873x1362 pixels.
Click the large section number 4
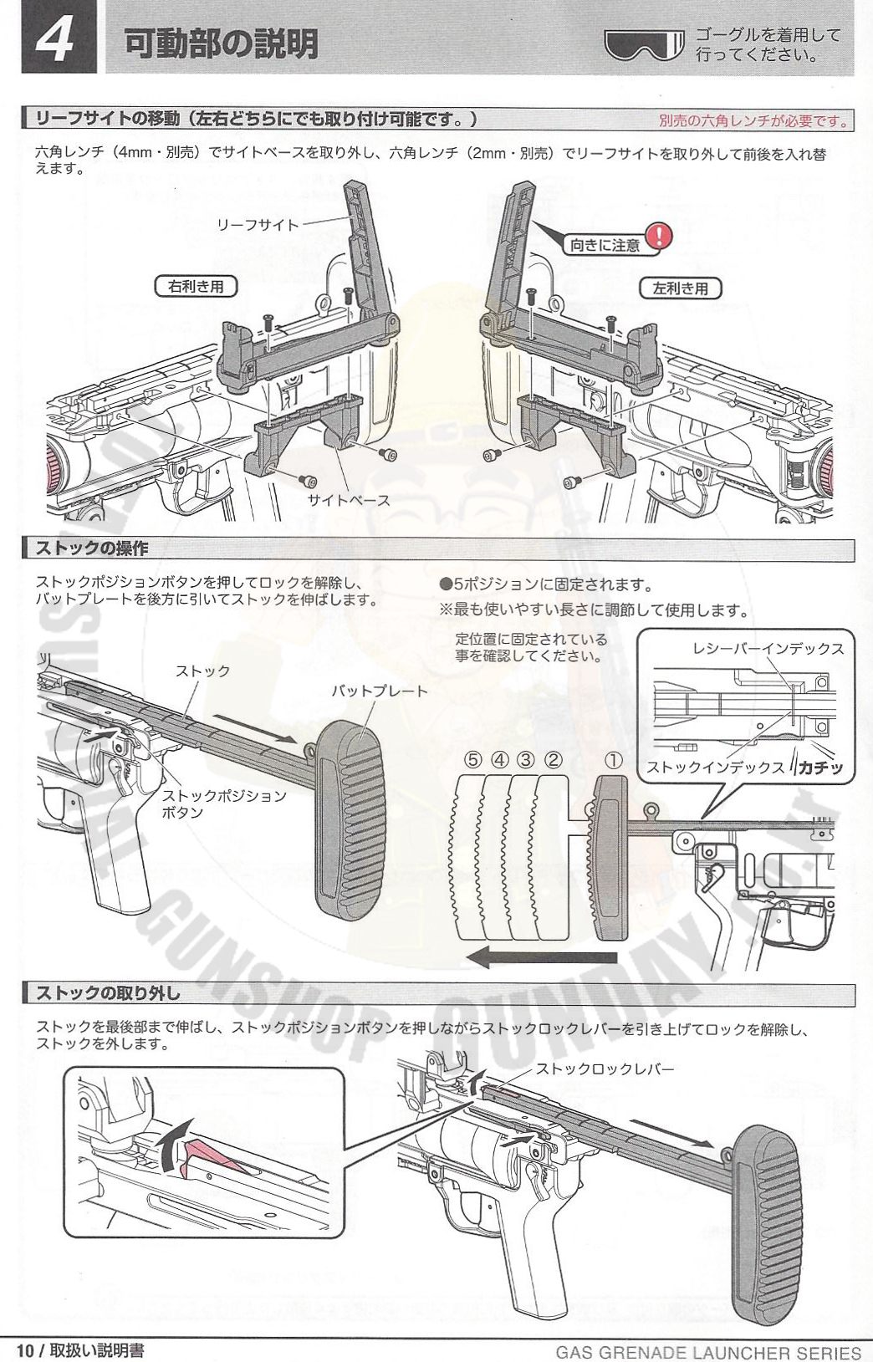(x=55, y=41)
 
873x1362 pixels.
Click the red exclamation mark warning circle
(x=659, y=236)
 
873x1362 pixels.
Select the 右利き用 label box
(x=196, y=287)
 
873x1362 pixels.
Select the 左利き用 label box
(x=679, y=288)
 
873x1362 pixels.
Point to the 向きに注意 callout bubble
(x=605, y=245)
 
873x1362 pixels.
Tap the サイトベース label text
(x=350, y=499)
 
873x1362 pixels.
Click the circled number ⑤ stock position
(x=474, y=760)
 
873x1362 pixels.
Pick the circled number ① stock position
(x=614, y=760)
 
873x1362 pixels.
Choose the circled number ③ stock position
(x=526, y=760)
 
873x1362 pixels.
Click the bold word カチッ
(x=820, y=767)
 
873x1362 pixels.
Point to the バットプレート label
(x=380, y=691)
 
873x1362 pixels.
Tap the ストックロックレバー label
(x=604, y=1068)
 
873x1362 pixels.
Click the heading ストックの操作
(x=92, y=549)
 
